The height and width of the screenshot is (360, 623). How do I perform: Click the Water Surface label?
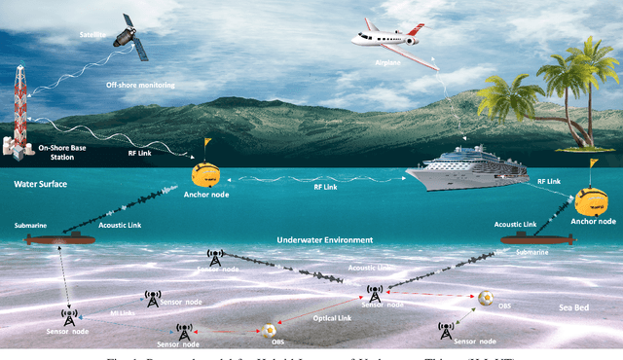(x=42, y=184)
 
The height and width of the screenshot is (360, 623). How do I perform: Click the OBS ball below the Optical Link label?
(x=267, y=331)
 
